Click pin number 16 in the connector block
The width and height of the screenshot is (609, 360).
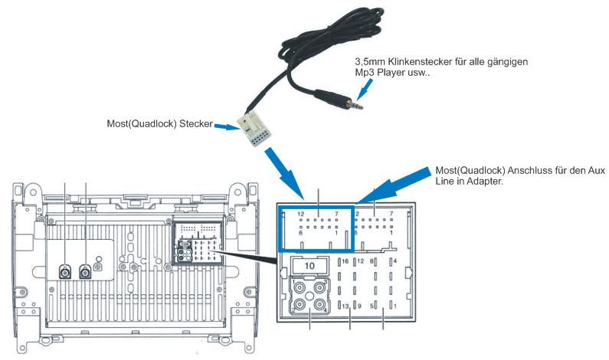346,262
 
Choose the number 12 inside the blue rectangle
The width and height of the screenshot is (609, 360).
302,214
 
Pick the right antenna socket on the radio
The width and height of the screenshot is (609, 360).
85,270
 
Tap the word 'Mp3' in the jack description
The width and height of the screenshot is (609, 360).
365,71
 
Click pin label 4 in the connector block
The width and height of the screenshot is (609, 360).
395,262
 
